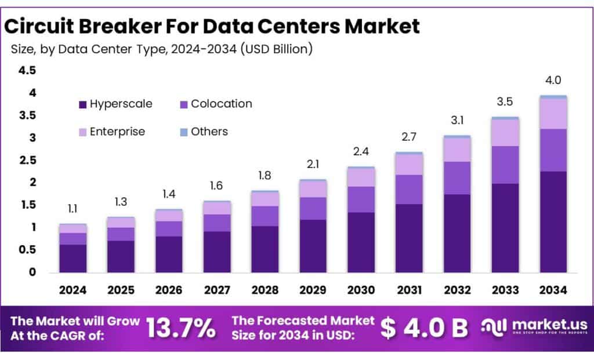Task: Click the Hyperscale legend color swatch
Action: coord(82,105)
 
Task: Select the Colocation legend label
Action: coord(221,104)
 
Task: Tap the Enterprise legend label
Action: coord(117,132)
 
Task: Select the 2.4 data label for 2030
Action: coord(361,152)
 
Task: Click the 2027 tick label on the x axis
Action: coord(217,290)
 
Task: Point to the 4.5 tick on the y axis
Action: coord(28,71)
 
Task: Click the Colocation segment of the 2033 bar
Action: coord(505,165)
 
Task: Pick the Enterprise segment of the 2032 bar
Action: coord(457,150)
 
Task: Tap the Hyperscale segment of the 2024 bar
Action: coord(73,258)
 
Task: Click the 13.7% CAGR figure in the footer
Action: coord(180,328)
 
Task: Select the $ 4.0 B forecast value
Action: coord(425,328)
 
